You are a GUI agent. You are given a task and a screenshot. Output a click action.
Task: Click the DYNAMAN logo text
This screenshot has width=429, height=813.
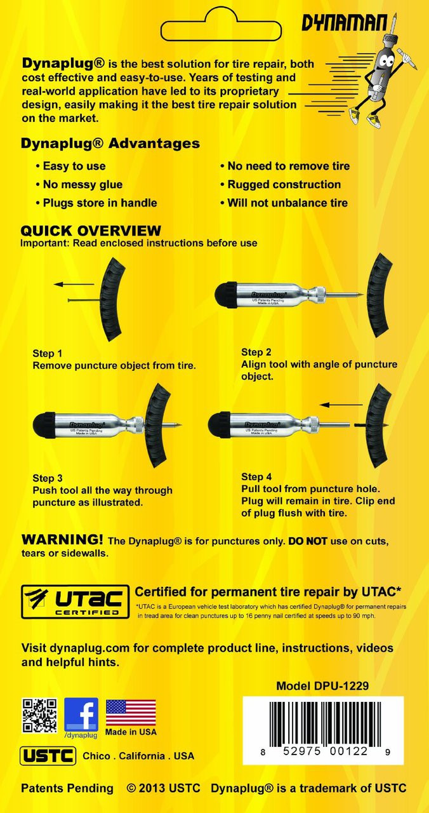coord(343,24)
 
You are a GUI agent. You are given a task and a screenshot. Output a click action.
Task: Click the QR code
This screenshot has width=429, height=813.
coord(39,715)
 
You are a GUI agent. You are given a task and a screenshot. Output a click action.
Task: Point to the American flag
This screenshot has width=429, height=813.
coord(130,712)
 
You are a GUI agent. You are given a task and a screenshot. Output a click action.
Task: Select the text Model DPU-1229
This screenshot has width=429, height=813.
coord(322,686)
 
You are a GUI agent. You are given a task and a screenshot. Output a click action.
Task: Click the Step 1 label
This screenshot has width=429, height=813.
coord(48,353)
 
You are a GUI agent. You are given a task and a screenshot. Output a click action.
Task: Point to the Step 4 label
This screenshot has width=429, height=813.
coord(256,476)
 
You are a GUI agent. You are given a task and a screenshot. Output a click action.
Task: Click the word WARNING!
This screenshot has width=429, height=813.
coord(62,540)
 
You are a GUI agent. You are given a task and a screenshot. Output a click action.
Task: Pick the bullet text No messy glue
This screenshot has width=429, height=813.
coord(82,184)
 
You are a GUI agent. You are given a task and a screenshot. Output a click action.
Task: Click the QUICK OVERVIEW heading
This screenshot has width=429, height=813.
coord(91,231)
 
